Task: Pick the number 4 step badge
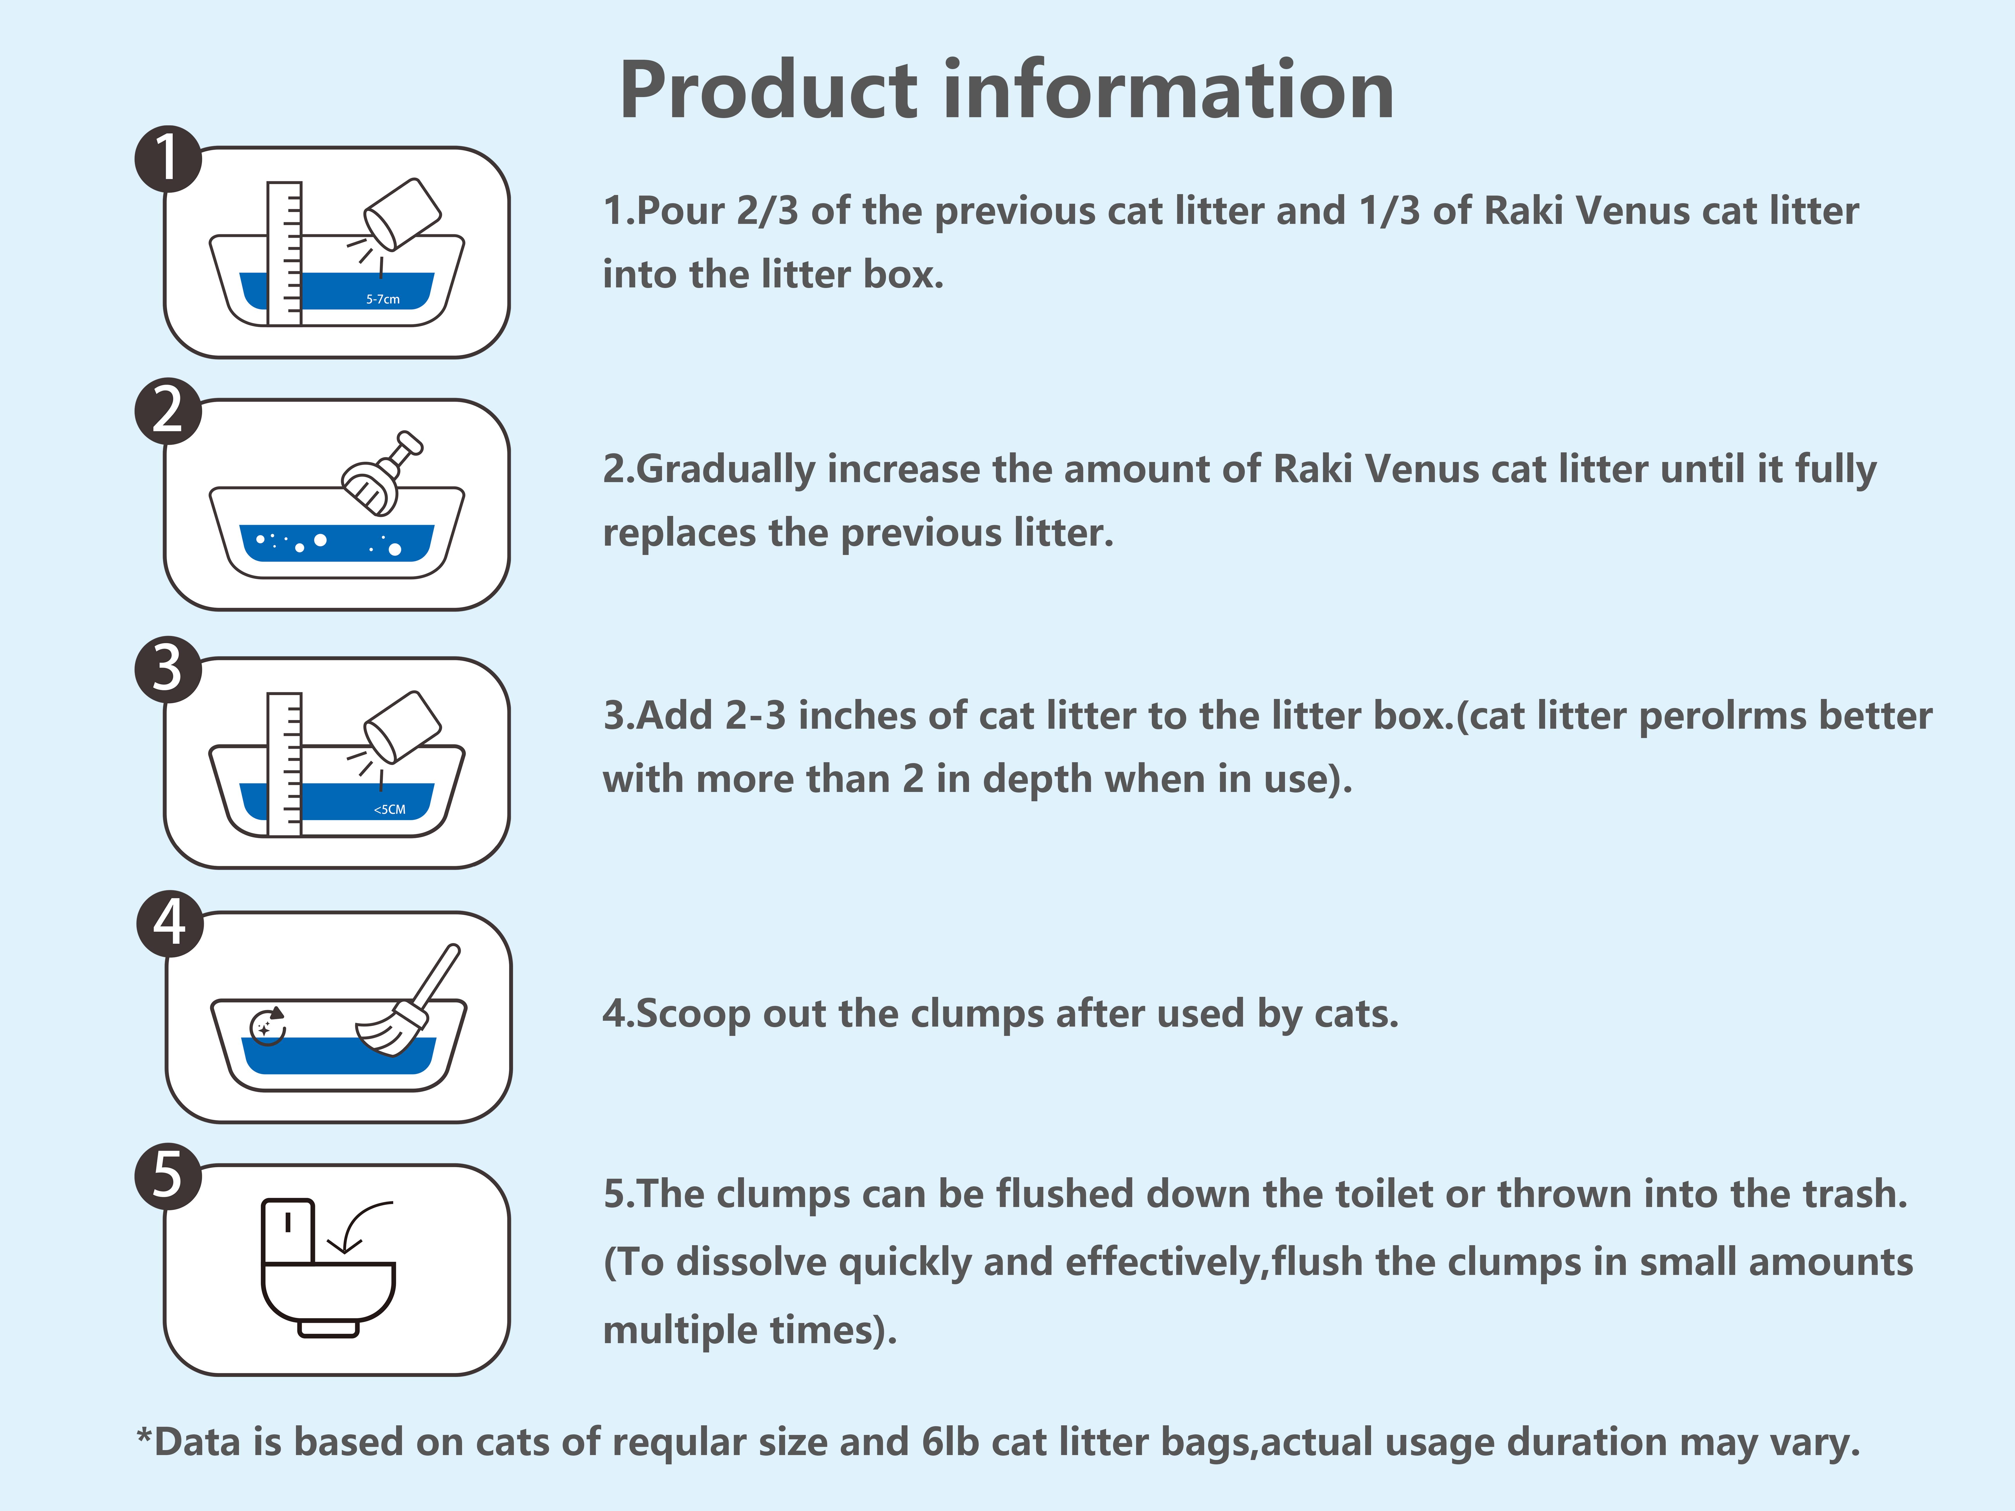pyautogui.click(x=169, y=924)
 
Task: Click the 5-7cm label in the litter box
pyautogui.click(x=382, y=299)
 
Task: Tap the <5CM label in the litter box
pyautogui.click(x=390, y=809)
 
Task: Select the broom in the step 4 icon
pyautogui.click(x=408, y=1000)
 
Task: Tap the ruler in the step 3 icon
pyautogui.click(x=284, y=763)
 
